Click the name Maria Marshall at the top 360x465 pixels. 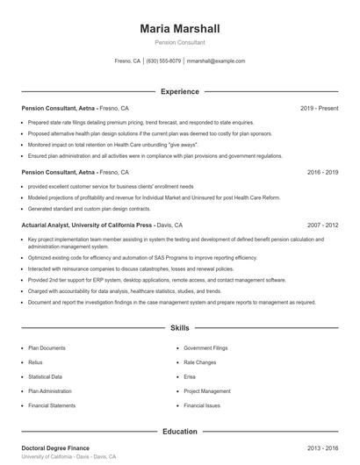(x=179, y=28)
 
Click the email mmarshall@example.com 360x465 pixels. (x=215, y=61)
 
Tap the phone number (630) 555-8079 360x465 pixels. (x=163, y=61)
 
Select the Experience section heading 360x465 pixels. (x=179, y=91)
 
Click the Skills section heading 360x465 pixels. (x=179, y=328)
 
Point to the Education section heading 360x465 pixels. (x=179, y=432)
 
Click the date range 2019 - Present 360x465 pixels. (x=319, y=108)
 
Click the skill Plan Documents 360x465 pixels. (x=47, y=347)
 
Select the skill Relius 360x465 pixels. (x=35, y=361)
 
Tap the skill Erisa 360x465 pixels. (x=190, y=376)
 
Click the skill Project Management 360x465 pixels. (x=206, y=391)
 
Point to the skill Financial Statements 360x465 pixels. (x=51, y=406)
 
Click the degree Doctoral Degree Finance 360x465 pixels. (x=55, y=448)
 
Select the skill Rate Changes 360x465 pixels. (x=200, y=361)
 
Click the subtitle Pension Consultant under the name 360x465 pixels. (x=179, y=42)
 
